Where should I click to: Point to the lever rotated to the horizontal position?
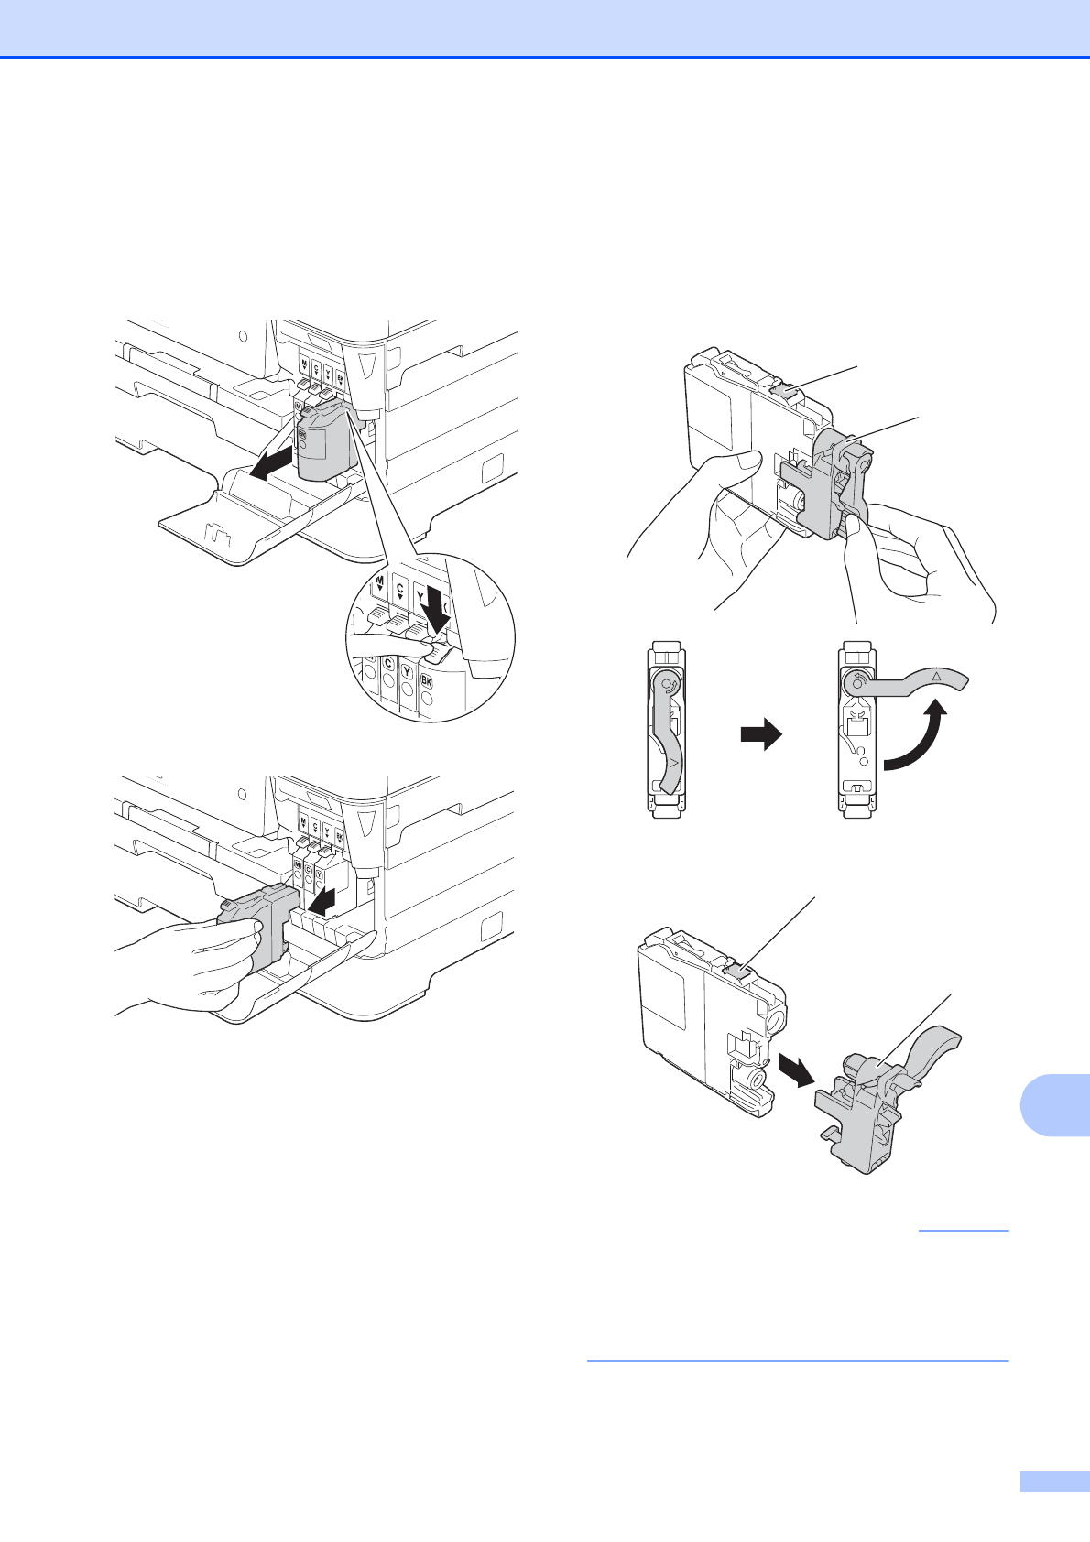[916, 682]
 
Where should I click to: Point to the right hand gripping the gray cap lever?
[916, 559]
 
